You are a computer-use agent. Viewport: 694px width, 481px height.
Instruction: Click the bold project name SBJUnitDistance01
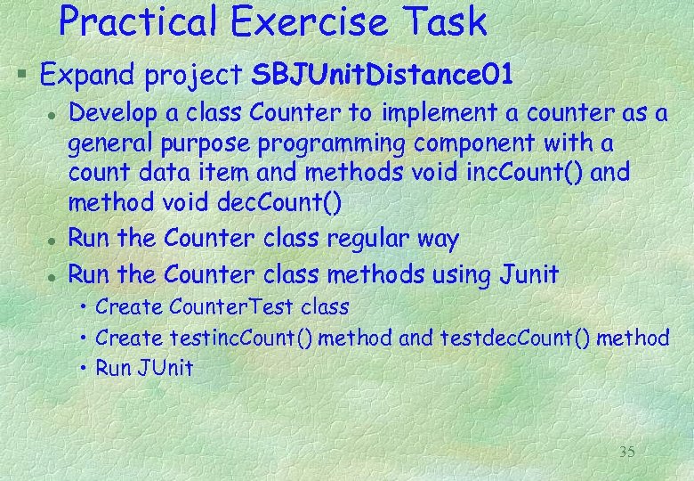383,74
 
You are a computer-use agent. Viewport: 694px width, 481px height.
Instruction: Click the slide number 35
626,452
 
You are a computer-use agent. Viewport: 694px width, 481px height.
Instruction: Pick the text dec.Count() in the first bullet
278,202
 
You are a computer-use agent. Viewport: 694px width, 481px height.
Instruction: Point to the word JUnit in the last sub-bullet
166,367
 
